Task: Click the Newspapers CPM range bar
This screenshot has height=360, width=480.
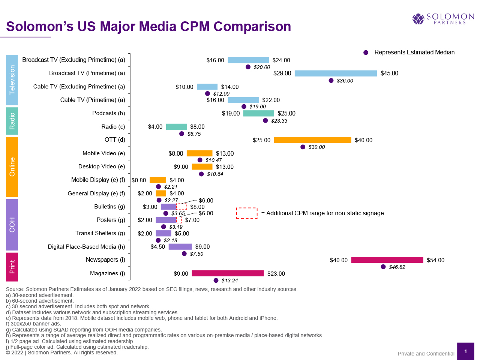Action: click(x=387, y=260)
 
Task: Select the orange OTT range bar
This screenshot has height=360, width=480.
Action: click(x=312, y=140)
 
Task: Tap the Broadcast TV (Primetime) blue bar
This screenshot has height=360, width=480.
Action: click(x=336, y=73)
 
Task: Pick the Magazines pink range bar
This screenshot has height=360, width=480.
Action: click(x=228, y=273)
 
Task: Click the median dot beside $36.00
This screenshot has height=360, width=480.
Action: click(x=331, y=81)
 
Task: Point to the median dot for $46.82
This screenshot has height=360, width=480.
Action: click(x=383, y=267)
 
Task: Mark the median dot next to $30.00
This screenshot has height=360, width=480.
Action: click(x=303, y=147)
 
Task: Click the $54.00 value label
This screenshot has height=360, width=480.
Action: click(x=435, y=260)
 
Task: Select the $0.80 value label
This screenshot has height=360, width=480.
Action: click(x=139, y=180)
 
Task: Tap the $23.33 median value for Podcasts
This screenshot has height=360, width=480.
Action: click(x=279, y=121)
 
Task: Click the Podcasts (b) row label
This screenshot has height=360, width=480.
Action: click(x=109, y=113)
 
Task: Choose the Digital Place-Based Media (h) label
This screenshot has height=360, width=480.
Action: click(x=87, y=247)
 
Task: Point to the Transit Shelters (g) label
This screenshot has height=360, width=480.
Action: click(x=100, y=233)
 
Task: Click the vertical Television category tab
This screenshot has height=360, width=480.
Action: click(x=12, y=80)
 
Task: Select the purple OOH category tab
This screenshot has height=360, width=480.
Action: click(x=12, y=225)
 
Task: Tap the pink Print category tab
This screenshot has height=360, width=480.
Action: click(x=12, y=267)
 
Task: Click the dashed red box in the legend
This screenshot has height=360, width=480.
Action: click(x=247, y=213)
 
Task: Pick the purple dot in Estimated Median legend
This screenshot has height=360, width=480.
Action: click(x=366, y=52)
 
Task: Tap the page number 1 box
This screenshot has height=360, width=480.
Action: click(x=465, y=351)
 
